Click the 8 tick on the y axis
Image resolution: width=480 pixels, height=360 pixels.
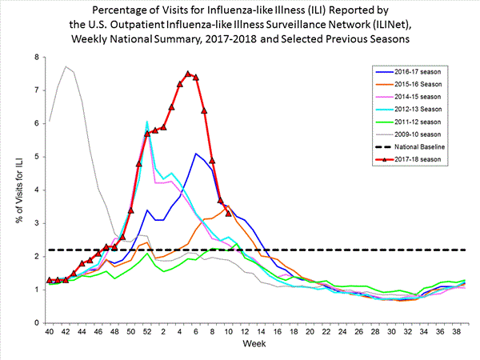pyautogui.click(x=37, y=58)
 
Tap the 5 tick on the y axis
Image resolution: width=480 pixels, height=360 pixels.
pyautogui.click(x=37, y=157)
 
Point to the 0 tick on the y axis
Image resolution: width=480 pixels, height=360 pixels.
pyautogui.click(x=37, y=322)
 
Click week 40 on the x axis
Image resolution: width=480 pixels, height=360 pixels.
pyautogui.click(x=50, y=331)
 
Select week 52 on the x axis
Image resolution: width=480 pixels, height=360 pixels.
pyautogui.click(x=147, y=331)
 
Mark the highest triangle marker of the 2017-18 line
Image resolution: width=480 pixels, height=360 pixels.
pyautogui.click(x=188, y=74)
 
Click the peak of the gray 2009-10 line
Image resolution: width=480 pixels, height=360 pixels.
pyautogui.click(x=66, y=66)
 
